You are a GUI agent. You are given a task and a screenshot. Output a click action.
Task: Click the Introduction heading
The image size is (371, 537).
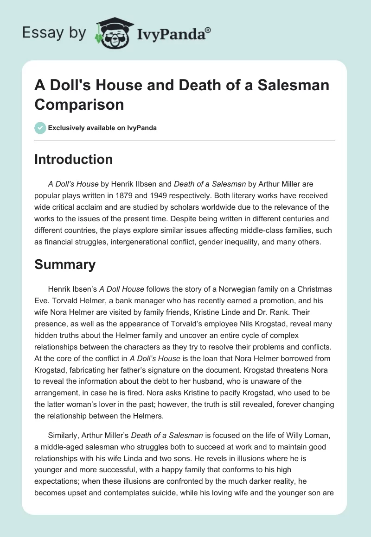[x=73, y=159]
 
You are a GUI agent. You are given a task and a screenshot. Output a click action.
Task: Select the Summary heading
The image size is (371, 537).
[x=65, y=264]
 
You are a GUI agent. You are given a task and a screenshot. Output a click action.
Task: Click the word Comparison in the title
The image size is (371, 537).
[x=79, y=104]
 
